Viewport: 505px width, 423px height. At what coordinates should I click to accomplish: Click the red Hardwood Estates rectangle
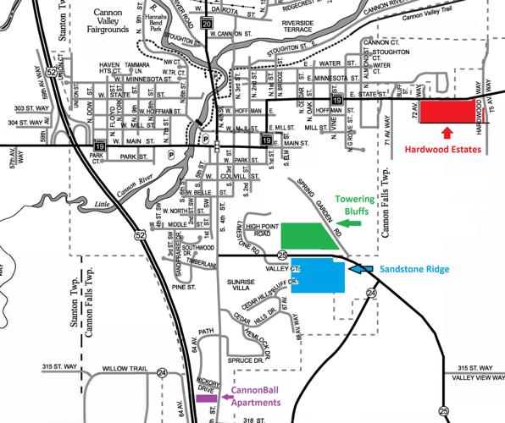(x=448, y=111)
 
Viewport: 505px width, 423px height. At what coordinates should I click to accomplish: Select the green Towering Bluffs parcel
(x=306, y=238)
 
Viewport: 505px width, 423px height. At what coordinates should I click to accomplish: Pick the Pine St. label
(x=184, y=288)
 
